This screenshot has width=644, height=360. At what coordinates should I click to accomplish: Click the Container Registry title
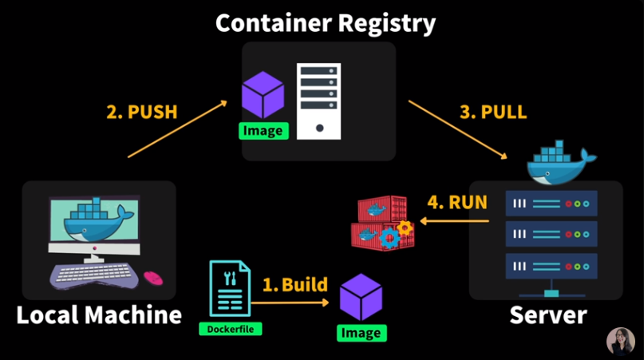pos(326,24)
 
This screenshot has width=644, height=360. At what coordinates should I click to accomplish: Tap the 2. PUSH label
pos(142,112)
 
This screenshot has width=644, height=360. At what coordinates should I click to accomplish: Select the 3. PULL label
pos(493,112)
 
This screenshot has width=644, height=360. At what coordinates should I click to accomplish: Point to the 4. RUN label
pos(457,202)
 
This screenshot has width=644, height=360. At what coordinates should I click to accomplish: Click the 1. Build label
pos(295,284)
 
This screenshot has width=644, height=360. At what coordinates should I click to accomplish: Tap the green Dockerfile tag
pos(231,329)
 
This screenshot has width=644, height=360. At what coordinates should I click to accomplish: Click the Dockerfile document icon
pos(230,288)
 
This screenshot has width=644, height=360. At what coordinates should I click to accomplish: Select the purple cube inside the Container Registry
pos(263,95)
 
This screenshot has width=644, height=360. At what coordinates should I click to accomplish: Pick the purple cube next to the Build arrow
pos(361,297)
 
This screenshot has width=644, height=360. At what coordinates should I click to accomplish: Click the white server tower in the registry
pos(318,101)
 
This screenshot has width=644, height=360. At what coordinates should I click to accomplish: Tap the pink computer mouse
pos(153,278)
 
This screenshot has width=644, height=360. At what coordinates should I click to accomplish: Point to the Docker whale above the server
pos(561,163)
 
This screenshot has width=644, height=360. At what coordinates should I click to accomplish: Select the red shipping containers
pos(382,224)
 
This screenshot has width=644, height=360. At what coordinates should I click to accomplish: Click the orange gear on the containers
pos(405,227)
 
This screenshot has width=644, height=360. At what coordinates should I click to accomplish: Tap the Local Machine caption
pos(99,315)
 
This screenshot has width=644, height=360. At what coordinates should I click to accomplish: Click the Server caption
pos(548,315)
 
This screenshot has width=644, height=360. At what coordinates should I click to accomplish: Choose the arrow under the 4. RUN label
pos(454,221)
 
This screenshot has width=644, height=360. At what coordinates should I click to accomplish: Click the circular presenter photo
pos(621,341)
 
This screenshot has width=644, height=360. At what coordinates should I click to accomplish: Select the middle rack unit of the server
pos(551,234)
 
